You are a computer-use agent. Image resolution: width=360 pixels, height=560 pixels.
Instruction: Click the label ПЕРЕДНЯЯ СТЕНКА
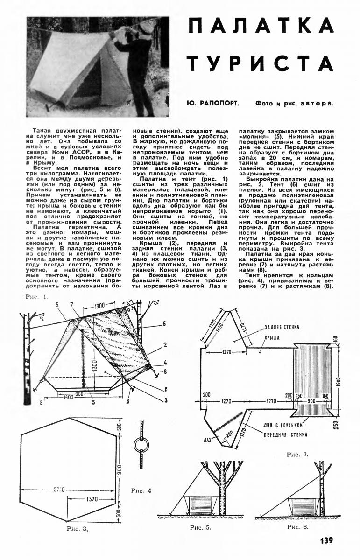(x=288, y=434)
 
